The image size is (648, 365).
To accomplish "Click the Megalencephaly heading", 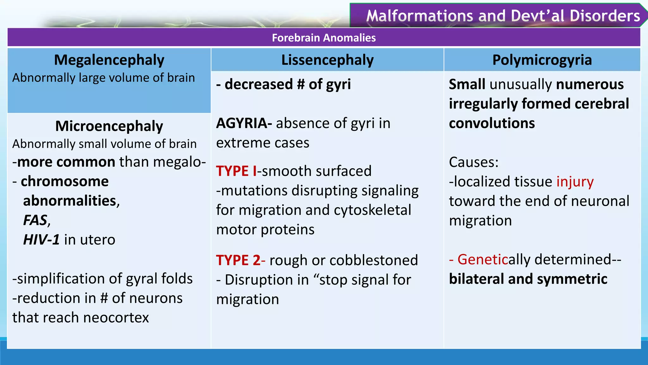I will point(109,60).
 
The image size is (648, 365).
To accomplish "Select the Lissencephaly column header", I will point(327,60).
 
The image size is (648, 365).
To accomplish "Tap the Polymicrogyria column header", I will point(542,60).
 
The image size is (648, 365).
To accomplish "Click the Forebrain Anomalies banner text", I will point(324,38).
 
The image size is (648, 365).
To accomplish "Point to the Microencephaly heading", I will point(109,126).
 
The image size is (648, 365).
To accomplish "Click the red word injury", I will point(575,182).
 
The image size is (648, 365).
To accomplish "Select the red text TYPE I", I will point(236,171).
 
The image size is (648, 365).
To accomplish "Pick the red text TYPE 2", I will point(238,260).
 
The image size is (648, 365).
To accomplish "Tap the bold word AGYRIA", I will point(242,123).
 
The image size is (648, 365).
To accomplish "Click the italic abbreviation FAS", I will point(35,220).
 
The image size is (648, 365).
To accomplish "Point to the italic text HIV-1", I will point(41,240).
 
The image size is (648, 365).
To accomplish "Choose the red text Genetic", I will point(483,259).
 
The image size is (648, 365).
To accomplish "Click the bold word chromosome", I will point(65,182).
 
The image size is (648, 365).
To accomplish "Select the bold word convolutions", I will point(492,123).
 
